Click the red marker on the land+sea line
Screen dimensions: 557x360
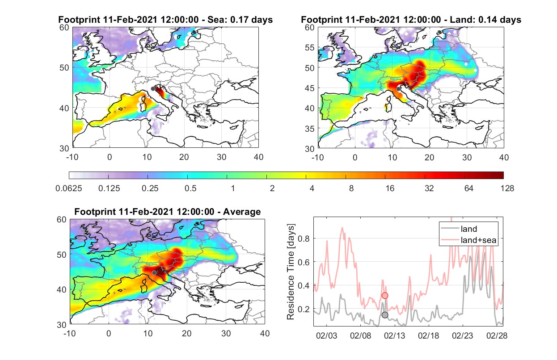[x=385, y=295]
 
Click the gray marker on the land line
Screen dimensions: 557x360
[x=385, y=315]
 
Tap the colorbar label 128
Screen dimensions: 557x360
[x=507, y=188]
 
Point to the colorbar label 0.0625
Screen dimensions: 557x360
[x=69, y=188]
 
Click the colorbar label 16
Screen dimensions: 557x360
[x=390, y=188]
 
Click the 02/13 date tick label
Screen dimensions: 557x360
[x=394, y=335]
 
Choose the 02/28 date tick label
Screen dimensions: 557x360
[x=497, y=335]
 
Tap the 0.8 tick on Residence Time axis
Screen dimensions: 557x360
[x=304, y=239]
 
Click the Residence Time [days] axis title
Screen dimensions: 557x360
[x=291, y=272]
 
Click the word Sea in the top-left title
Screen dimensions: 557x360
[x=215, y=20]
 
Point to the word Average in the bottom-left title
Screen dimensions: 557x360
[x=242, y=212]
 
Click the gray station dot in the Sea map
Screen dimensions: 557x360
[x=153, y=89]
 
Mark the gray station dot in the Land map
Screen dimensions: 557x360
[x=398, y=89]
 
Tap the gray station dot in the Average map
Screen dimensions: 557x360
[x=154, y=272]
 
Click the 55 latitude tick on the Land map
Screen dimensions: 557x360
[x=310, y=47]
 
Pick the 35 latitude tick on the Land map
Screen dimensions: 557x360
[x=310, y=129]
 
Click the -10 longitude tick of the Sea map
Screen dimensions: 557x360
[x=72, y=157]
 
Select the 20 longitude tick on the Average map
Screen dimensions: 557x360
[x=186, y=333]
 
